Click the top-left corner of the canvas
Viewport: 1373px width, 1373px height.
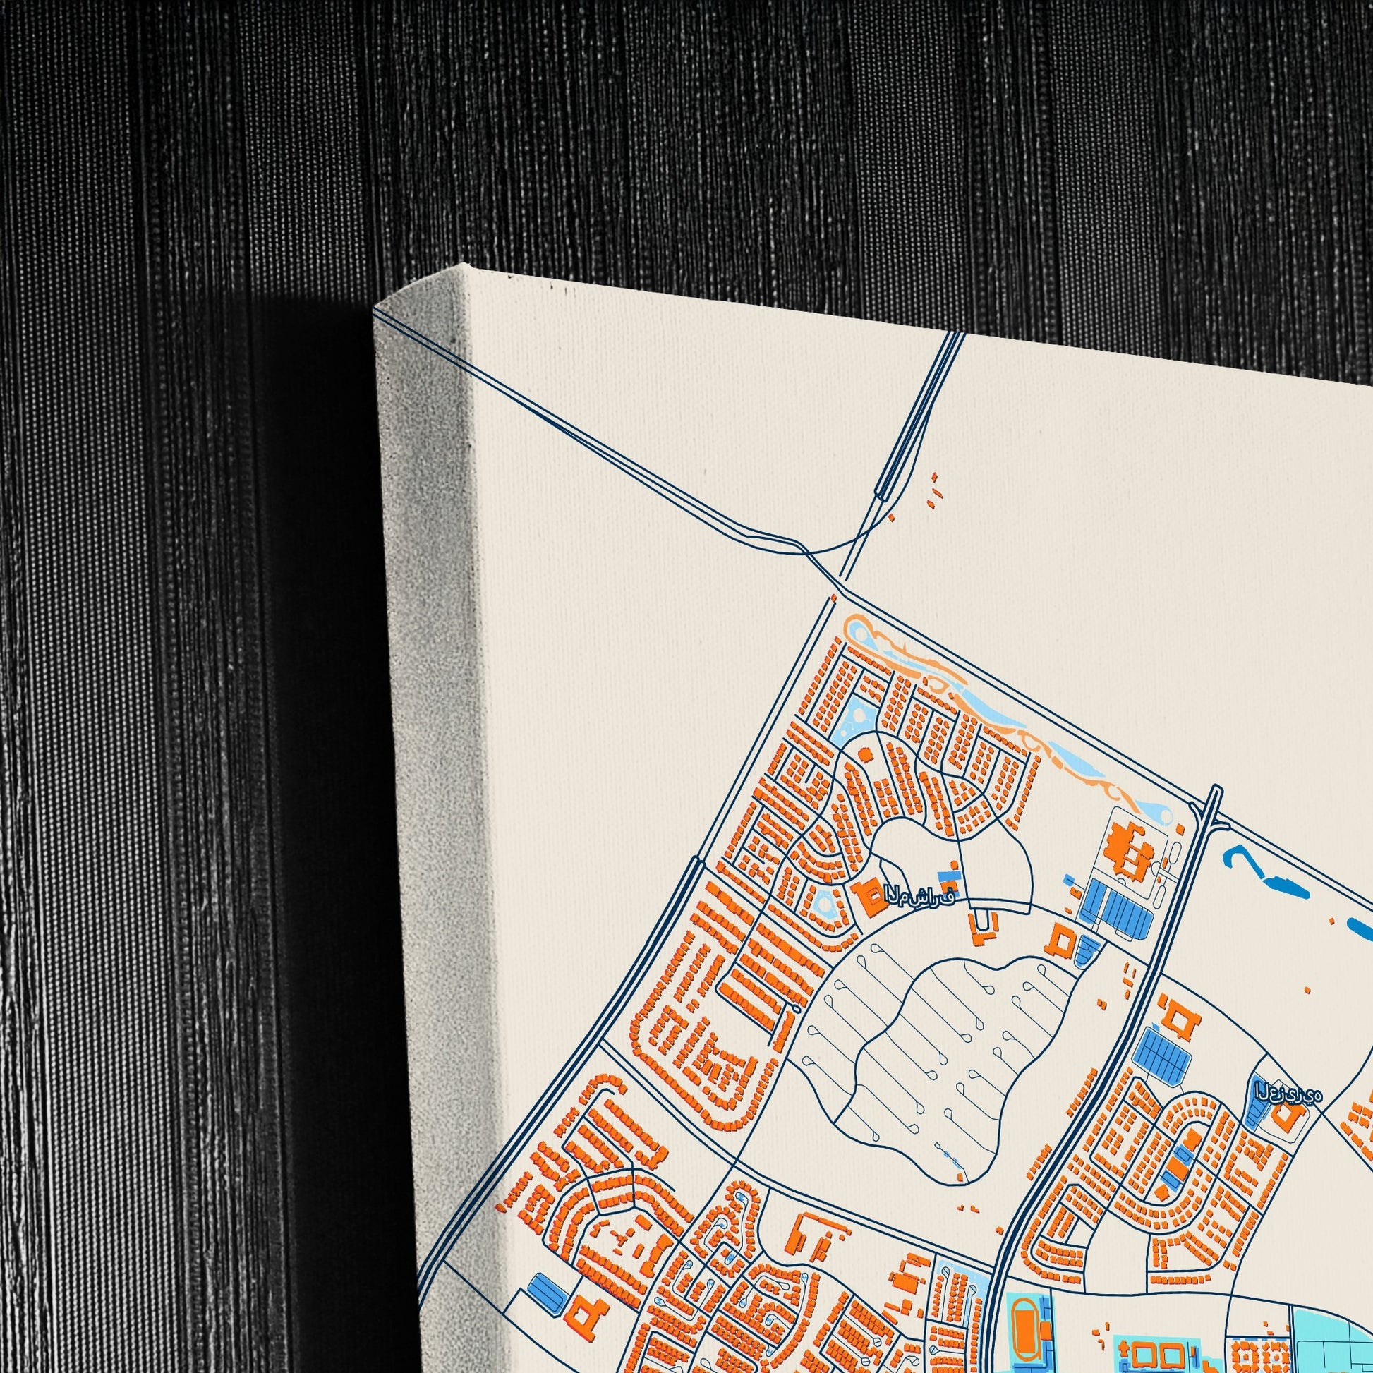[x=375, y=309]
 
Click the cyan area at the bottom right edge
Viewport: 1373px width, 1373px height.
[x=1336, y=1336]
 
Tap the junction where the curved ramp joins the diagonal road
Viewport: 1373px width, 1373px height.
[x=810, y=551]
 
